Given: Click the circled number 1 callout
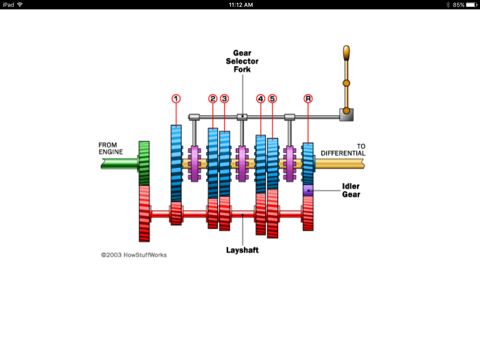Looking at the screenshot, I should [x=176, y=98].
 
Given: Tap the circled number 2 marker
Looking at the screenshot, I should [x=213, y=98].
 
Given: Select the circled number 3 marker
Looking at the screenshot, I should [x=225, y=98].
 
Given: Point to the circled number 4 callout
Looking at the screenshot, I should [x=261, y=98].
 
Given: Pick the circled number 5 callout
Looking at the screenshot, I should [x=272, y=98].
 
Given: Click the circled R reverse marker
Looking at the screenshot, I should [x=308, y=98].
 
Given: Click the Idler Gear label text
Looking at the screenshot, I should [x=351, y=190].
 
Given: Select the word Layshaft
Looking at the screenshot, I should [x=242, y=250].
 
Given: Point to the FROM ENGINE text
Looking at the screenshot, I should [x=111, y=149].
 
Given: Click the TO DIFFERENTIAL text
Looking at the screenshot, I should [x=343, y=150].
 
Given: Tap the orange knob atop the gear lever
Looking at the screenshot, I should [x=346, y=52].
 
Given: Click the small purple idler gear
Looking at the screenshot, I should [x=308, y=190].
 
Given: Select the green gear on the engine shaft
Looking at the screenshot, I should [x=144, y=163].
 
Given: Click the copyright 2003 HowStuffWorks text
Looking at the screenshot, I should [x=134, y=255].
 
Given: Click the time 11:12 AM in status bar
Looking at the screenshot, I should [x=241, y=5].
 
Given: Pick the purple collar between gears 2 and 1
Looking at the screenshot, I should [x=194, y=164].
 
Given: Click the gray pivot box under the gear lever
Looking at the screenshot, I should [x=346, y=114].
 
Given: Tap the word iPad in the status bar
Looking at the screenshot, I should [x=8, y=5].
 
